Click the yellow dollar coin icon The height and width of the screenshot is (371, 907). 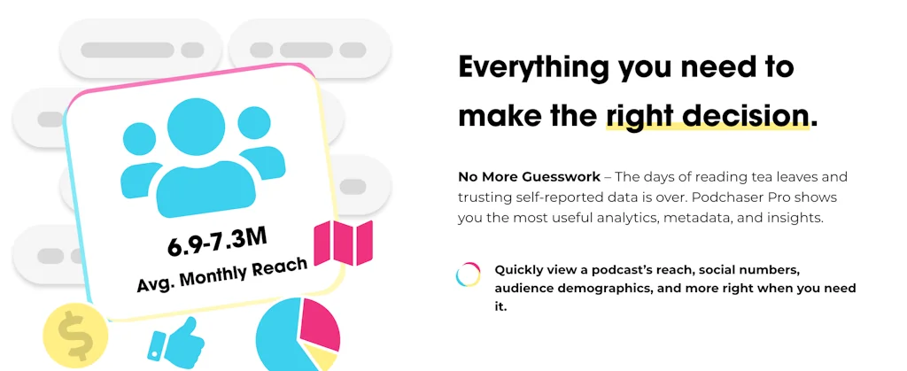point(75,336)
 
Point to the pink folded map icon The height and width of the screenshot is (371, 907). point(344,243)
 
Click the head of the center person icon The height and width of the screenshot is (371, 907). point(196,128)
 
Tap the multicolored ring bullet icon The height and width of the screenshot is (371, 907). point(468,274)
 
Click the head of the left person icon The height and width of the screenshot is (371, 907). point(139,139)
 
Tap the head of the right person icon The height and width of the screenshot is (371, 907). point(254,123)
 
